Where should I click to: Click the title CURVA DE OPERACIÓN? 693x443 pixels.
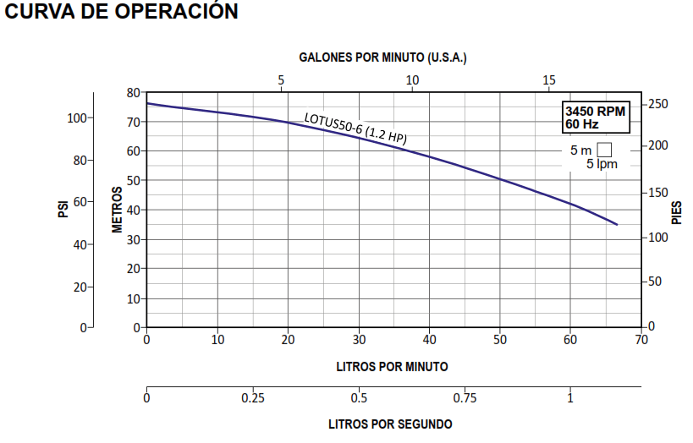(x=121, y=12)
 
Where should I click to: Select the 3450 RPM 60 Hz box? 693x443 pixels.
(x=596, y=118)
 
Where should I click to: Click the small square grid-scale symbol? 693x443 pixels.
(x=604, y=150)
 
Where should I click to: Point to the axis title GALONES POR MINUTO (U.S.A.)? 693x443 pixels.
(x=383, y=57)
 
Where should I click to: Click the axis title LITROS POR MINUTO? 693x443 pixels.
(x=392, y=366)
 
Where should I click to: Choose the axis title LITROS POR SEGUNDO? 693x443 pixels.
(x=390, y=424)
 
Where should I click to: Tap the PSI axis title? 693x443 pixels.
(x=63, y=209)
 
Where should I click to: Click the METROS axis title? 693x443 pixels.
(x=118, y=209)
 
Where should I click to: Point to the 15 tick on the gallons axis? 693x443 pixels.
(x=549, y=80)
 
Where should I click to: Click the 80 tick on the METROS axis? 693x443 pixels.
(x=133, y=92)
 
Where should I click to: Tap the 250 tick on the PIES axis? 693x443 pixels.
(x=657, y=104)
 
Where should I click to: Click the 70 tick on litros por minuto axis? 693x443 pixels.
(x=641, y=340)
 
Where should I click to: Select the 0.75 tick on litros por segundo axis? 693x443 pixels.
(x=465, y=398)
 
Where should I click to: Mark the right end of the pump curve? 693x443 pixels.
(x=617, y=224)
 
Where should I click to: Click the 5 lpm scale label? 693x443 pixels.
(x=602, y=164)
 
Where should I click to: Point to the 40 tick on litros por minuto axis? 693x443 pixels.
(x=429, y=340)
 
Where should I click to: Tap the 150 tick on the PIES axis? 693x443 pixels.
(x=657, y=193)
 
